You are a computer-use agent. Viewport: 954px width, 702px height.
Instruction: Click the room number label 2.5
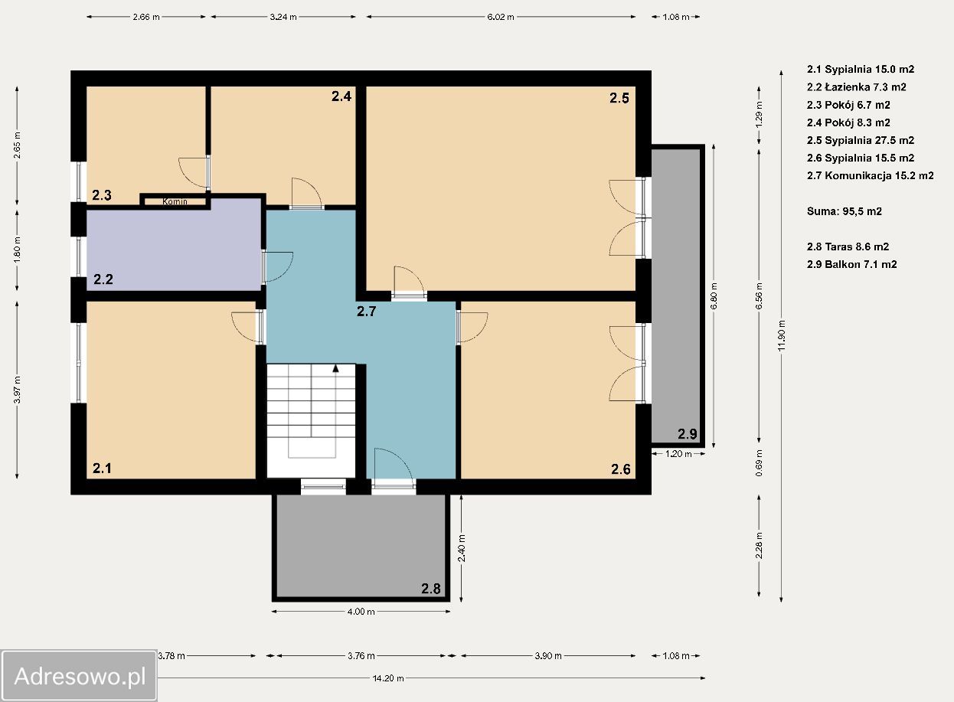coord(619,98)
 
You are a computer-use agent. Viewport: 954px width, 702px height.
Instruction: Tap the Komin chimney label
coord(175,201)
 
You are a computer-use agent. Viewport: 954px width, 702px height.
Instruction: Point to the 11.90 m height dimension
coord(781,336)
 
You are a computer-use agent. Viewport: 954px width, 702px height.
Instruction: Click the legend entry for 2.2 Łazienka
coord(857,87)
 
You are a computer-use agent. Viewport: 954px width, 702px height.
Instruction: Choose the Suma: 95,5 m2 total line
coord(844,211)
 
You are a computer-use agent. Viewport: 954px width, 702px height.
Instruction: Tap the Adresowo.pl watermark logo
coord(79,676)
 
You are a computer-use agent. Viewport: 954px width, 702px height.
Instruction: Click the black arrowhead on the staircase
coord(335,368)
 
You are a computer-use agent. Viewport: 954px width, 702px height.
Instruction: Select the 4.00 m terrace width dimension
coord(361,612)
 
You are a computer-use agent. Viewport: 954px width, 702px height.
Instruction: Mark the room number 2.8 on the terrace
coord(431,589)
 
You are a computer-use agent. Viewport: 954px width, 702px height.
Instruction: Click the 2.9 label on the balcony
coord(688,434)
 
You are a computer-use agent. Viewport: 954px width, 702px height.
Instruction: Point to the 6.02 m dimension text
coord(501,17)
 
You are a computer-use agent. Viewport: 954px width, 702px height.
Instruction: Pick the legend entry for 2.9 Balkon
coord(851,264)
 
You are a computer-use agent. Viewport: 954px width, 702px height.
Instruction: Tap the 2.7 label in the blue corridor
coord(366,312)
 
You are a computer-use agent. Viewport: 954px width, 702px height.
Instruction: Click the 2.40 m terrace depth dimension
coord(462,548)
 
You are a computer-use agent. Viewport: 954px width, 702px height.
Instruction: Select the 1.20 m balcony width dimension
coord(678,454)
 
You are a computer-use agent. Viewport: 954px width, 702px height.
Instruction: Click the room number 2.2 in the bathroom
coord(103,279)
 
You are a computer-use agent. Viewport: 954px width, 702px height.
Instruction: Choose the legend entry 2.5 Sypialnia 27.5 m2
coord(861,140)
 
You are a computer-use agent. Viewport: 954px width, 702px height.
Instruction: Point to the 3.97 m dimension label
coord(17,390)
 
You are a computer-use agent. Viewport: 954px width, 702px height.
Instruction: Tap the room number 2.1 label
coord(103,469)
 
